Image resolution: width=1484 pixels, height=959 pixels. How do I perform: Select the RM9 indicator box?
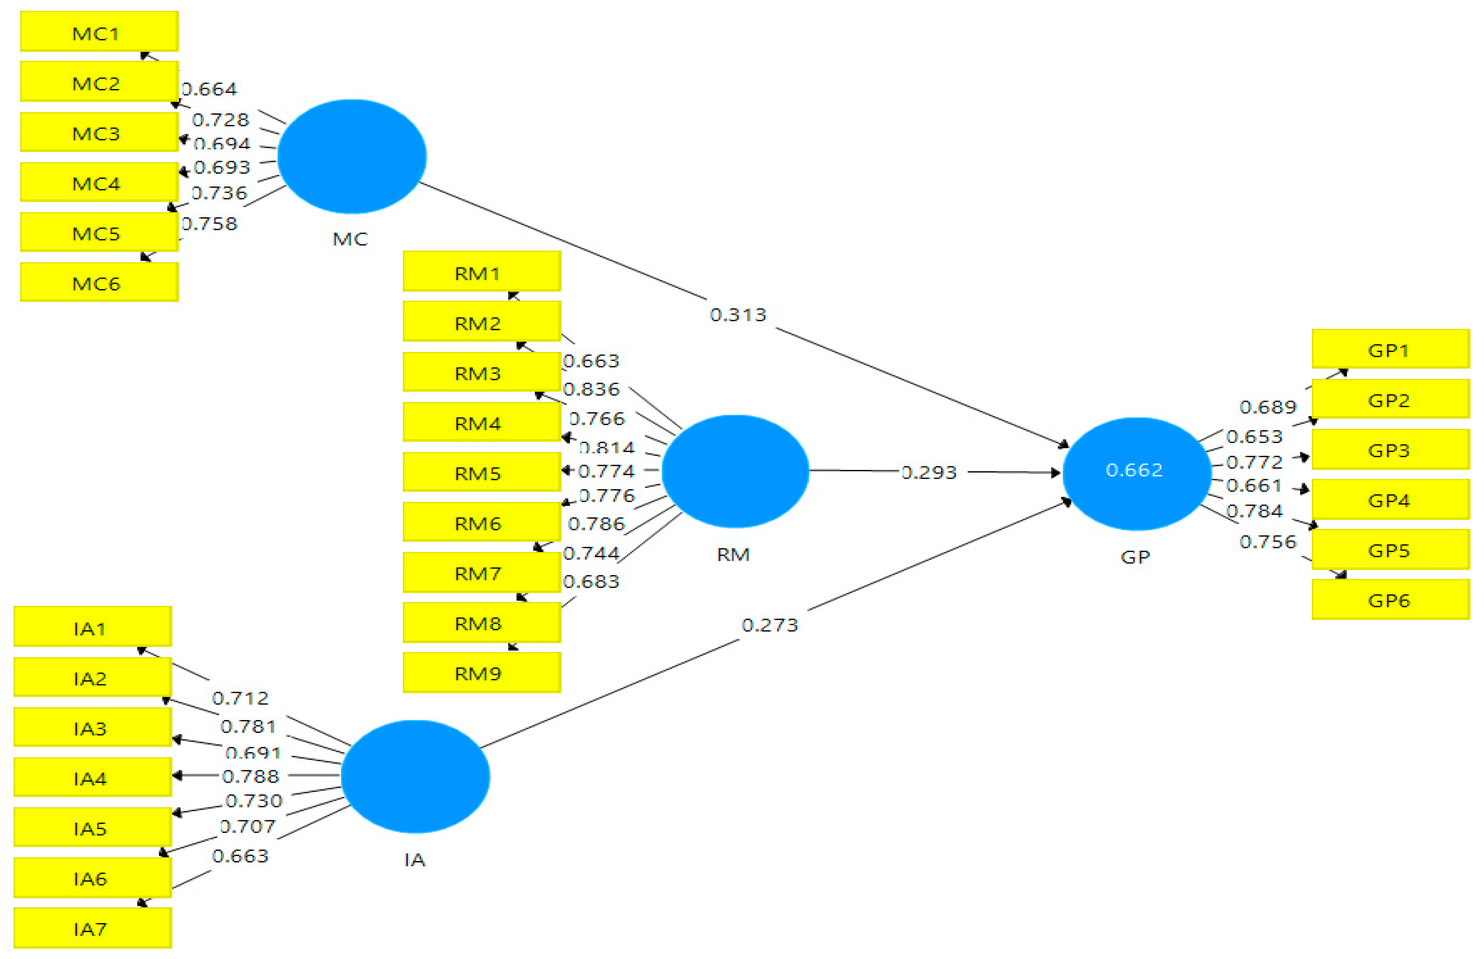click(482, 673)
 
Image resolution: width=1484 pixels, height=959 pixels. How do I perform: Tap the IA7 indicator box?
click(93, 929)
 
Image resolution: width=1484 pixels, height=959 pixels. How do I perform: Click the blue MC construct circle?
click(352, 156)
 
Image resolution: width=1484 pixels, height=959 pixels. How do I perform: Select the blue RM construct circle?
click(735, 471)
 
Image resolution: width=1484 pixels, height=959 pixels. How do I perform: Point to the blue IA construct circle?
click(415, 777)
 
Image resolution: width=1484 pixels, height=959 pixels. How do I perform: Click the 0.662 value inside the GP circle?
click(1134, 470)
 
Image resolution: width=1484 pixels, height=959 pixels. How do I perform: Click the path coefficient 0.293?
click(928, 473)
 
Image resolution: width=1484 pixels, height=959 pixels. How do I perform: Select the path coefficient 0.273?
click(769, 625)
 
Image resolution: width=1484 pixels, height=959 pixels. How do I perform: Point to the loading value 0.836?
click(592, 390)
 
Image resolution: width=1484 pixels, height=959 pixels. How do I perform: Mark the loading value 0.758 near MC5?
click(210, 224)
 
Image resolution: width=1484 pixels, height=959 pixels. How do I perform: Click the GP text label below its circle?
click(1135, 557)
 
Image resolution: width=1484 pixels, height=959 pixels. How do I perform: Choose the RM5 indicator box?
click(482, 473)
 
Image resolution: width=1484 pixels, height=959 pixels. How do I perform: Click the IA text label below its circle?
click(414, 860)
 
